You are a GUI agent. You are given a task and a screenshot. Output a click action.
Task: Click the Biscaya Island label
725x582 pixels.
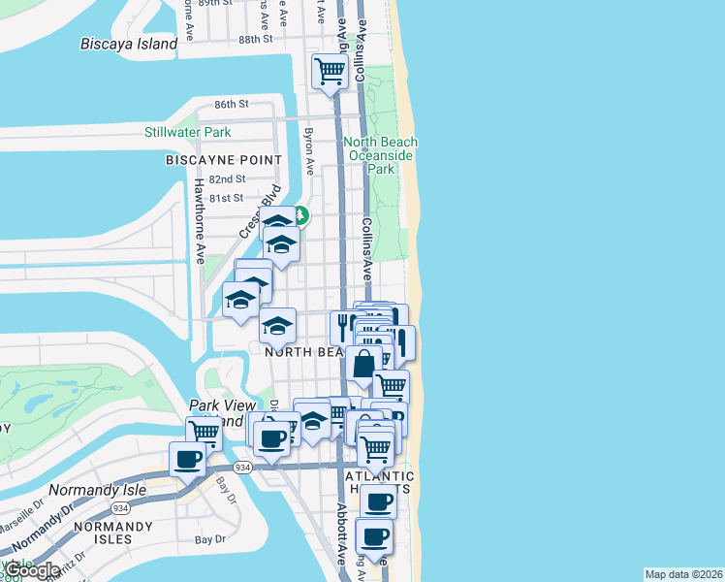coord(130,44)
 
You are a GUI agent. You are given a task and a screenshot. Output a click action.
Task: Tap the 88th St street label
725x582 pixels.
coord(256,39)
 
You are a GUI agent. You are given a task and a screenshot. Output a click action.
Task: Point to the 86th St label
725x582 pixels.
coord(233,104)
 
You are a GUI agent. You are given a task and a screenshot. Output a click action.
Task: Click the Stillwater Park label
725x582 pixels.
coord(187,132)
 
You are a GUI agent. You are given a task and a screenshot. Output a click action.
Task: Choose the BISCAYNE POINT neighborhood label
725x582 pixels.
coord(224,159)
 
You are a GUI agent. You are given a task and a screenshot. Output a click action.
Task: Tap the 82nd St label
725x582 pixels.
coord(228,179)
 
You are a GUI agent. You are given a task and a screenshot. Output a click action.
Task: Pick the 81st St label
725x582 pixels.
coord(228,198)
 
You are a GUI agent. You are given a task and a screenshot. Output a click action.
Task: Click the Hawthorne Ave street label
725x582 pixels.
coord(200,221)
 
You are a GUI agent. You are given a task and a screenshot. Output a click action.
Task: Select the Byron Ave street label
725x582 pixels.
coord(309,150)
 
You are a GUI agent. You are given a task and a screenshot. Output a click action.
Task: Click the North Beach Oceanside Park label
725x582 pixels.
coord(381,155)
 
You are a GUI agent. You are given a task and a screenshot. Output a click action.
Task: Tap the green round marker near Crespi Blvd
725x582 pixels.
coord(300,215)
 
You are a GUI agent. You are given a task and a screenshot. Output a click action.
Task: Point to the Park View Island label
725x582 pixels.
coord(223,413)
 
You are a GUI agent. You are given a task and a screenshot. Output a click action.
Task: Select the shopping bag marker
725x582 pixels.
coord(363,365)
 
